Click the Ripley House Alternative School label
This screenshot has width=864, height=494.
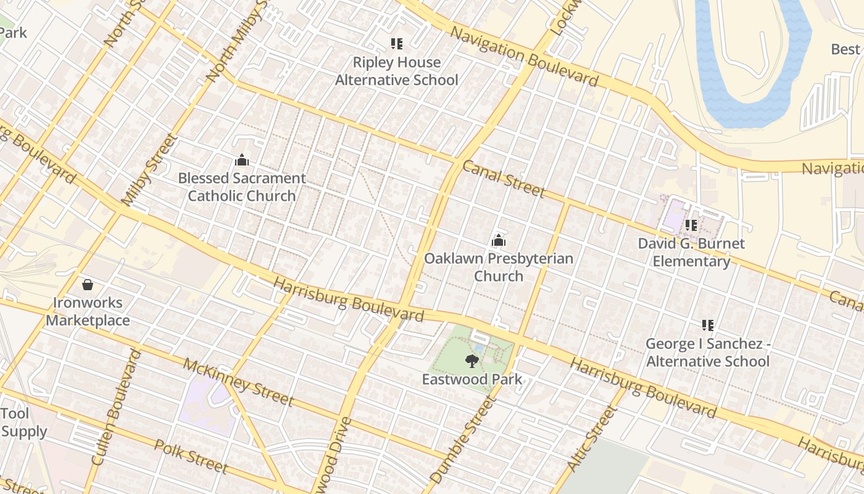[396, 71]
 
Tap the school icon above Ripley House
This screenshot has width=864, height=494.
[396, 44]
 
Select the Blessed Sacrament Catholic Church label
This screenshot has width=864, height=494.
[242, 187]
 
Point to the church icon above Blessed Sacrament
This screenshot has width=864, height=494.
[242, 161]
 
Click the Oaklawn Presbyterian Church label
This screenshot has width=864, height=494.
[499, 267]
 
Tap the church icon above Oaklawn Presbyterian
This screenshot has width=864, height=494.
[499, 240]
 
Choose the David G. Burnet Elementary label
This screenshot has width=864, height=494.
[691, 252]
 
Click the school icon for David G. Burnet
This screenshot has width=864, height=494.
[691, 225]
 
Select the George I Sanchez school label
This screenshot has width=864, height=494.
[708, 352]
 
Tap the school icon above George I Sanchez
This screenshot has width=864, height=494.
[708, 325]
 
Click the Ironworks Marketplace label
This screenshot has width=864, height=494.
[88, 311]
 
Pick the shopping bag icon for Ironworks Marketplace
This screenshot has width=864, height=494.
[88, 285]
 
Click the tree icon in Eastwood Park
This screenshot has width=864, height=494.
[472, 361]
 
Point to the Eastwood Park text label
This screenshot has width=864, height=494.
[472, 379]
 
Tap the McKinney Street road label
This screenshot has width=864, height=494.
[238, 382]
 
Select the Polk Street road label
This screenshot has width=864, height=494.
[191, 456]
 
